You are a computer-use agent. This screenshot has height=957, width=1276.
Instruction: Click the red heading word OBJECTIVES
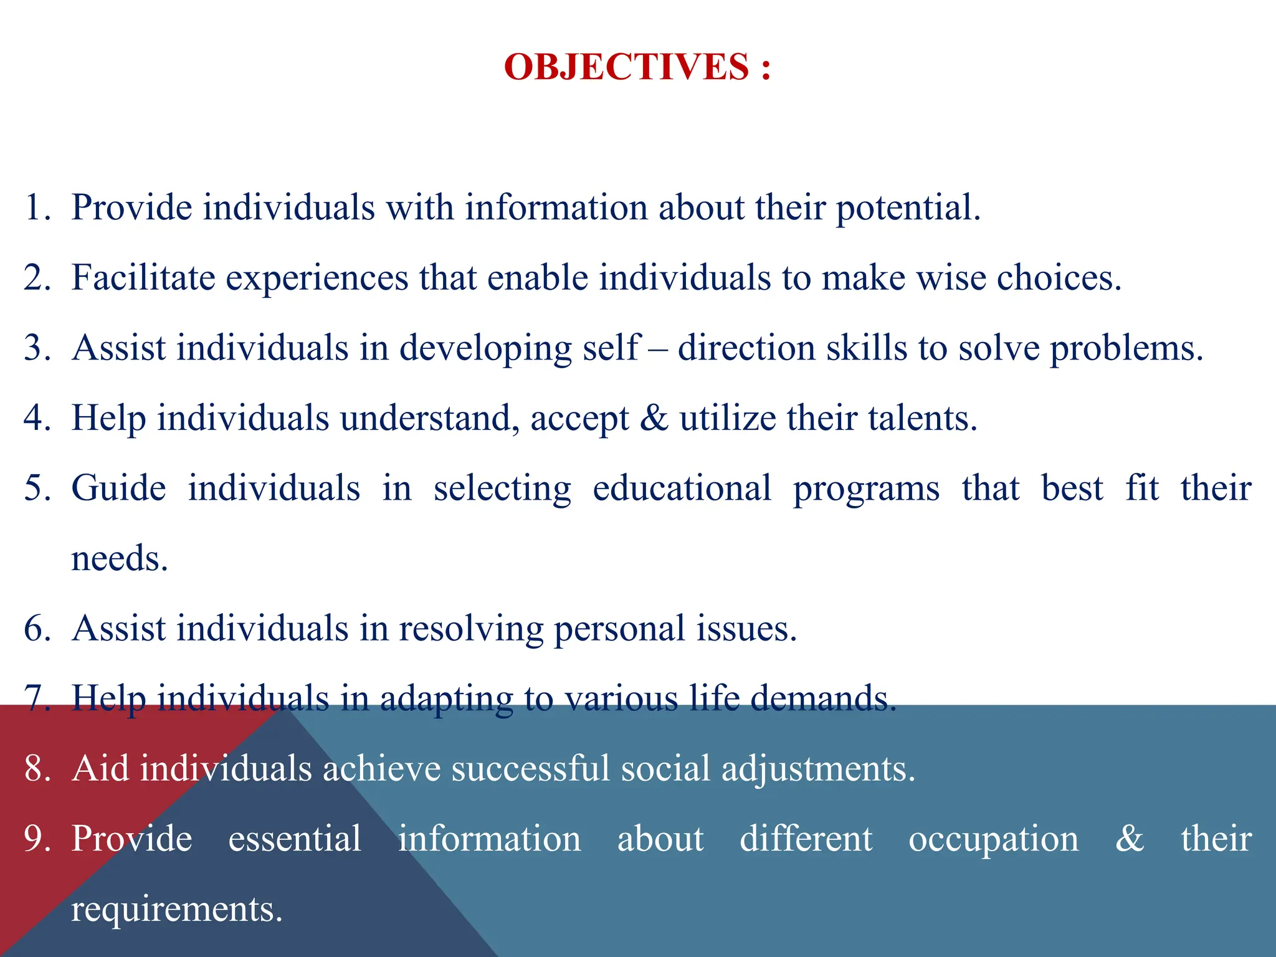click(x=626, y=67)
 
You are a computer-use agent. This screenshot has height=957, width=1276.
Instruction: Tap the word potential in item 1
click(x=907, y=207)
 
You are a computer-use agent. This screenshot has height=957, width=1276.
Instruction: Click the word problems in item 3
click(x=1126, y=348)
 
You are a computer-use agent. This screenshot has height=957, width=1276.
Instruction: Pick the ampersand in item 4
click(x=654, y=417)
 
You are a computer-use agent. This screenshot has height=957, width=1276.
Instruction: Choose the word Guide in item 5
click(x=118, y=488)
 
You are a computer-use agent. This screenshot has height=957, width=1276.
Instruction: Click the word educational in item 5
click(x=682, y=488)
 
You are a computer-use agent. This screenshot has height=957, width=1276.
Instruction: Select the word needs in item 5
click(x=119, y=558)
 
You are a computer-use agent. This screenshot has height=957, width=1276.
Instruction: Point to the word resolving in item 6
click(x=471, y=628)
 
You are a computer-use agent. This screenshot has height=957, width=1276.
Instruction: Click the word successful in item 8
click(x=530, y=768)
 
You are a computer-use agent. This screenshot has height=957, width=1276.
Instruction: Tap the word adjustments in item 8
click(x=818, y=768)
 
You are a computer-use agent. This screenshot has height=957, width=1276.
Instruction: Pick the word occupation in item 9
click(x=993, y=839)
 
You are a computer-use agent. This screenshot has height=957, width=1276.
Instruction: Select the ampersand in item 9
click(x=1129, y=839)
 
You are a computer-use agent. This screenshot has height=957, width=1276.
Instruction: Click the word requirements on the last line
click(x=176, y=909)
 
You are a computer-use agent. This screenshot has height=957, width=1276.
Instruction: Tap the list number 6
click(x=37, y=628)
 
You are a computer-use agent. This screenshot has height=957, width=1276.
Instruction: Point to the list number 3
click(x=37, y=348)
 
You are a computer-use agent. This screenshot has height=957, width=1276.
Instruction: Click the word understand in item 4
click(x=429, y=417)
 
